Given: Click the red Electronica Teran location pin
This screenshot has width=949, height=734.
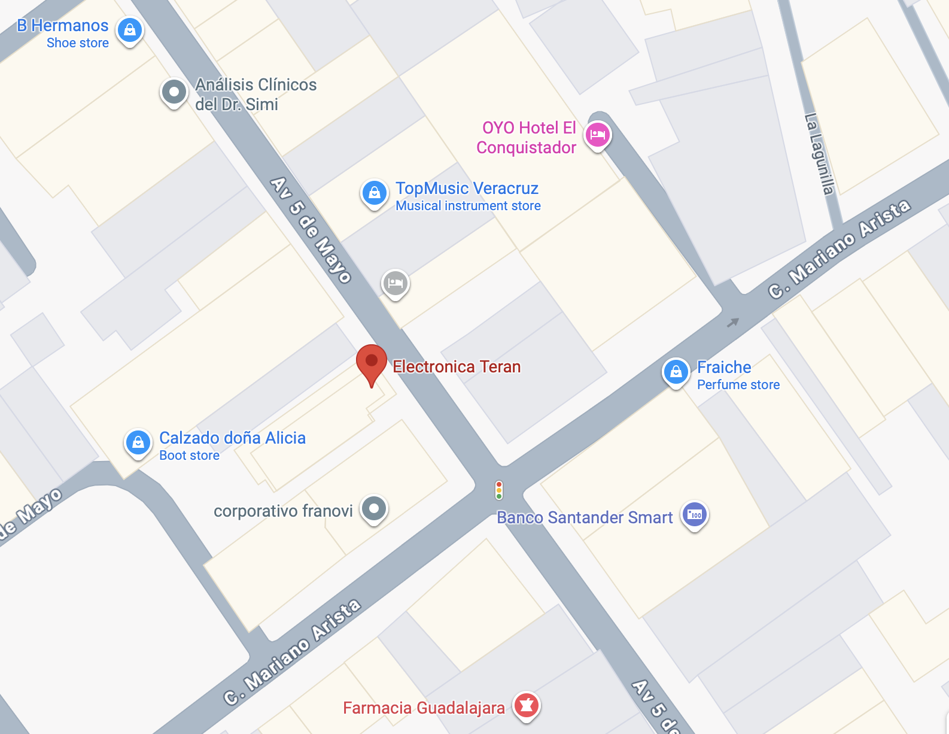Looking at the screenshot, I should tap(372, 362).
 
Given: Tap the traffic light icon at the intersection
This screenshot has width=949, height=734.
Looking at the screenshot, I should tap(499, 490).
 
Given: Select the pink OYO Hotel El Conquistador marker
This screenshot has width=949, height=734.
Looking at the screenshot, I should tap(598, 135).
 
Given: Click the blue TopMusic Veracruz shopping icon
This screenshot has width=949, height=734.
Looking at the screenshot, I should tap(375, 193).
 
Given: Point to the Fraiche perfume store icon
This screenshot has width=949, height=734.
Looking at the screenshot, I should tap(676, 372).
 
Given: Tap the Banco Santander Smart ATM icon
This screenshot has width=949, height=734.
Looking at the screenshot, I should tap(695, 515).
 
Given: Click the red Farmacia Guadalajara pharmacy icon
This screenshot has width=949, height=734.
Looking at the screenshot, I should tap(527, 705).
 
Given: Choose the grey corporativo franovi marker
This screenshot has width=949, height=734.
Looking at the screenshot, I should tap(375, 509).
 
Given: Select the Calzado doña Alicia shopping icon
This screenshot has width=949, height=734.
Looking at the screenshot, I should tap(138, 443).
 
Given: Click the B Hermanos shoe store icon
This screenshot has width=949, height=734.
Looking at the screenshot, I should tap(130, 29).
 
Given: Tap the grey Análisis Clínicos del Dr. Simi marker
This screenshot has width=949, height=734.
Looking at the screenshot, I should tap(174, 92).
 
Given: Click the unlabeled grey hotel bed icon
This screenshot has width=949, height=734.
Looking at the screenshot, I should tap(396, 283).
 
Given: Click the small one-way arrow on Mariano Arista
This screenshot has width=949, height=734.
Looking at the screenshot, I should tap(733, 323).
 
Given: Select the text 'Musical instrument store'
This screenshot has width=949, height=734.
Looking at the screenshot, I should tap(468, 206).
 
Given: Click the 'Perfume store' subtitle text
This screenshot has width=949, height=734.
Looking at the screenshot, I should tap(738, 385).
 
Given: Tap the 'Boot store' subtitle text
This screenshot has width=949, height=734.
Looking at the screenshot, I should tap(189, 456).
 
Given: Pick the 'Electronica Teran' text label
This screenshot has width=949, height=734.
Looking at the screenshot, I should tap(457, 366).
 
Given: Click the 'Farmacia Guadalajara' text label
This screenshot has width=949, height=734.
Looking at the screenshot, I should tap(424, 708).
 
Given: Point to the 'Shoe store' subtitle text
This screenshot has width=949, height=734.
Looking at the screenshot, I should tap(78, 43).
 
